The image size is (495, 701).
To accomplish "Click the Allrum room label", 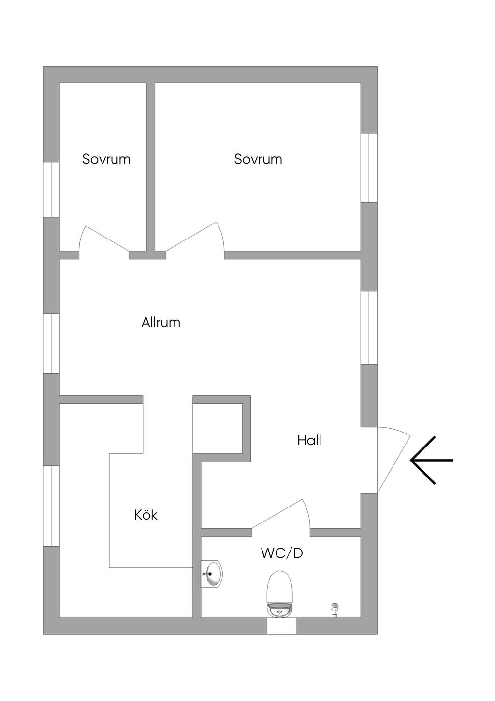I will click(161, 322).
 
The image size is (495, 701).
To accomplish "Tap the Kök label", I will click(146, 515).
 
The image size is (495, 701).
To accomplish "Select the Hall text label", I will click(309, 440).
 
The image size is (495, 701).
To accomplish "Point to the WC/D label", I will click(282, 553).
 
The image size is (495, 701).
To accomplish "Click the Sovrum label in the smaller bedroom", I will click(106, 159).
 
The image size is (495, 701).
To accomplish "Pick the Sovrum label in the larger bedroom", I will click(258, 159).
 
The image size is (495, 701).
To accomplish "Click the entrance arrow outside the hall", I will click(431, 460).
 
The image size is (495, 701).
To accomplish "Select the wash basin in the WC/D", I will click(212, 574).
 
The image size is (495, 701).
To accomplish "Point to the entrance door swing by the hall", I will click(393, 460).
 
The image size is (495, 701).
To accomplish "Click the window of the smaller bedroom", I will click(51, 189).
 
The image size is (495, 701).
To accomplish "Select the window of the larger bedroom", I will click(369, 167).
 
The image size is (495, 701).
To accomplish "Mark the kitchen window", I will click(51, 506).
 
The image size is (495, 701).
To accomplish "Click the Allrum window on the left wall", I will click(51, 343).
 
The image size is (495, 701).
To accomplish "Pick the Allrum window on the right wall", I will click(369, 327).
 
